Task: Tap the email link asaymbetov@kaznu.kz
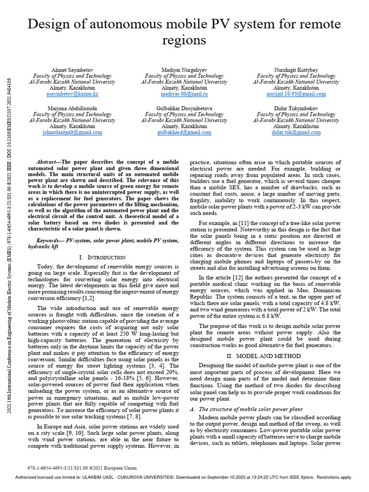(x=72, y=94)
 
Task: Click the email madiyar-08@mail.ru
(x=184, y=94)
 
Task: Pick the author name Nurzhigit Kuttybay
(x=295, y=70)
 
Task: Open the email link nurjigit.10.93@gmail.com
(x=295, y=94)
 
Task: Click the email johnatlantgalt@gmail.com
(x=72, y=133)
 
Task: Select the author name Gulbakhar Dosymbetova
(x=184, y=109)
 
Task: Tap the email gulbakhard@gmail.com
(x=184, y=133)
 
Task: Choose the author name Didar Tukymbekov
(x=295, y=109)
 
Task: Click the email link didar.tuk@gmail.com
(x=295, y=133)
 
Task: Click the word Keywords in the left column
(x=50, y=240)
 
